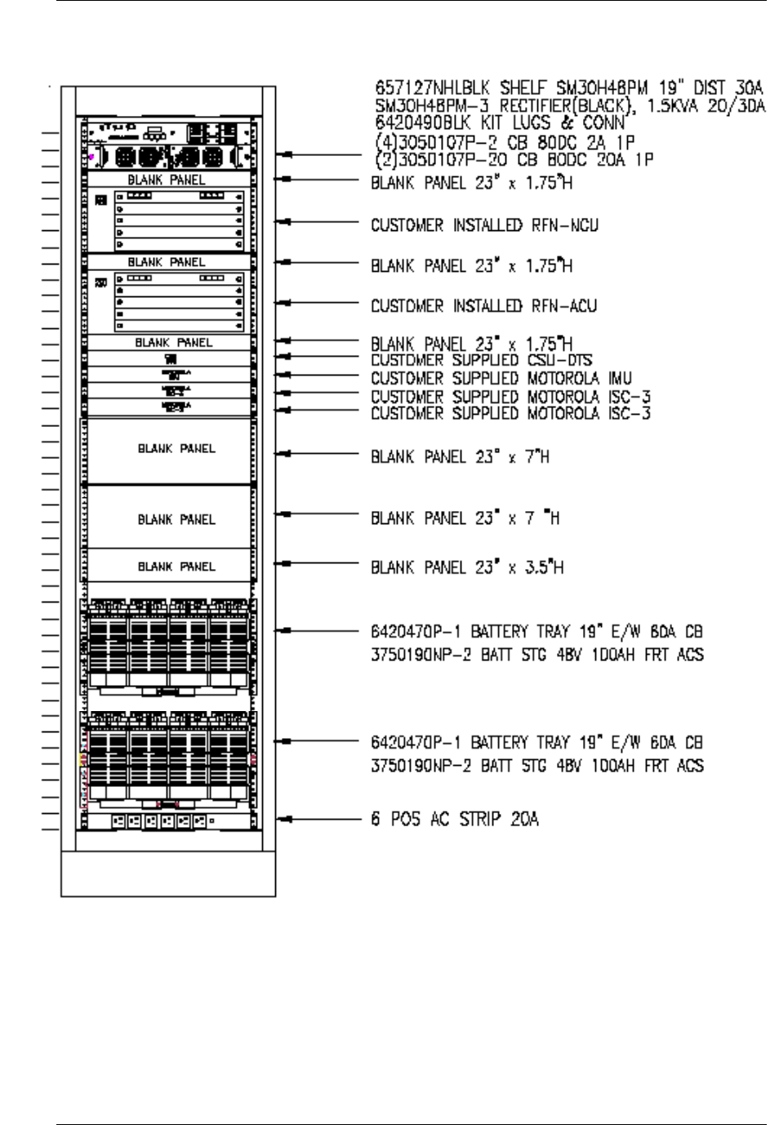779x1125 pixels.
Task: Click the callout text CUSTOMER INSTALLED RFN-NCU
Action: click(484, 225)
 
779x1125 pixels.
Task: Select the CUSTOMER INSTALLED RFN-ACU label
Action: click(484, 306)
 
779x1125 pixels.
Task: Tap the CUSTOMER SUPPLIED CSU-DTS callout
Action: click(482, 360)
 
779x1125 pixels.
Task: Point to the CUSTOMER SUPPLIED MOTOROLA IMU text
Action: click(501, 378)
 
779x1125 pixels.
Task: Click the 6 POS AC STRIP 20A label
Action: click(455, 819)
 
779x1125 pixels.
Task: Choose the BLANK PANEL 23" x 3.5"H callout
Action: click(467, 567)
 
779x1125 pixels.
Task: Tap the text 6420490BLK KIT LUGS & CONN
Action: click(500, 123)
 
